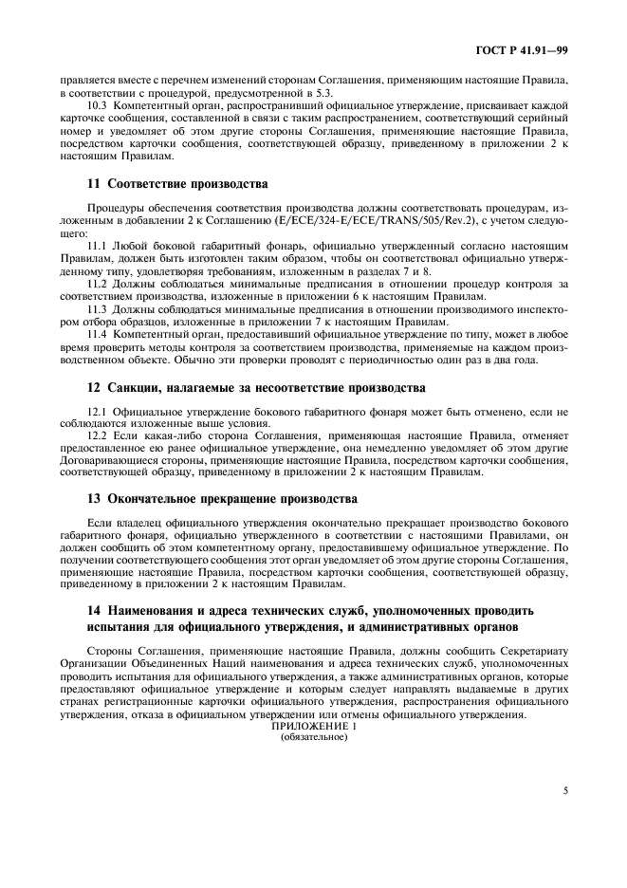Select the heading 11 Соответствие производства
(x=163, y=182)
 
